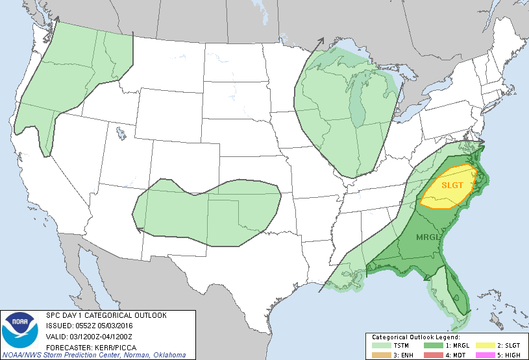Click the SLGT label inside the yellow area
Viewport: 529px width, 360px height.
click(x=453, y=185)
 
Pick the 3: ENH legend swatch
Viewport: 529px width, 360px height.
click(x=378, y=355)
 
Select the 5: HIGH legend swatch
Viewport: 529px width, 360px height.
click(x=481, y=355)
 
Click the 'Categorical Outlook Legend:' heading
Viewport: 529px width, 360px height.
click(x=415, y=338)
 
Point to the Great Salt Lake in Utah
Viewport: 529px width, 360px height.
click(x=121, y=134)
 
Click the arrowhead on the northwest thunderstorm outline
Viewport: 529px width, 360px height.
click(x=55, y=21)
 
